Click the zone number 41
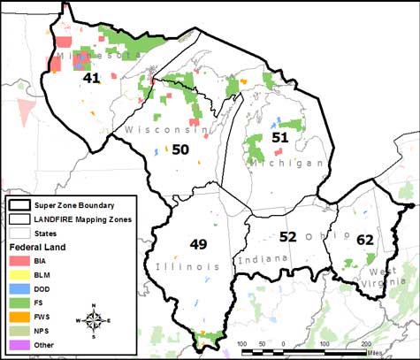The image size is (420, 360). pos(90,79)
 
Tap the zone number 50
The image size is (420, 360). pos(179,150)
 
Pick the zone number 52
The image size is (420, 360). pos(287,236)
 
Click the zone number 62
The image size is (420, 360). pos(364,240)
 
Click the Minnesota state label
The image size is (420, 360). pos(87,57)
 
